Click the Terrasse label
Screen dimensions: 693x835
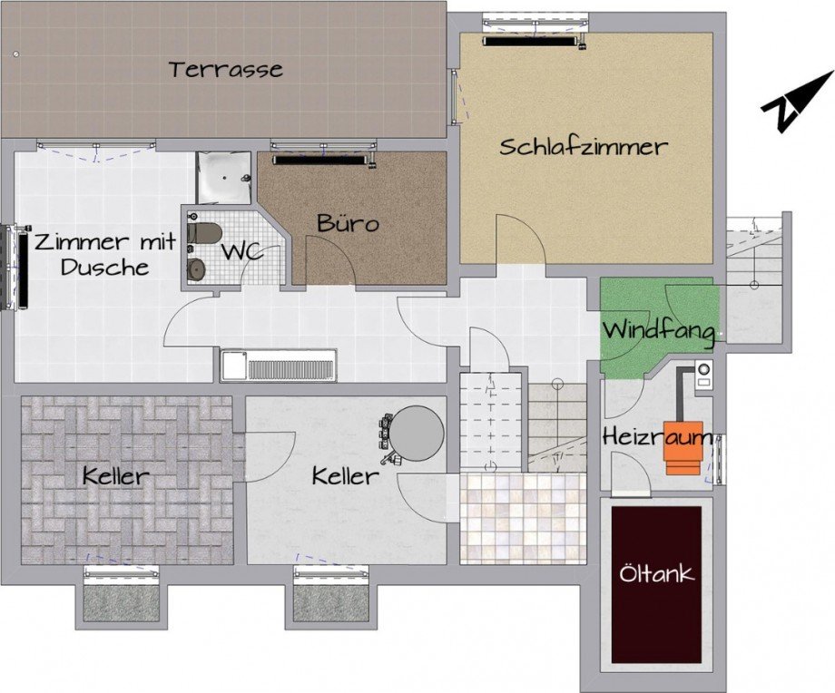(x=225, y=69)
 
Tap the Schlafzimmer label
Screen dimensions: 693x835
(x=583, y=147)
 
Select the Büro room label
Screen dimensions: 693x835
(x=347, y=223)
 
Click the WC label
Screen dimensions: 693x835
(x=242, y=251)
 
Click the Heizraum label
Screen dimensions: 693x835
(x=656, y=437)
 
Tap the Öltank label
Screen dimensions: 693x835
(x=656, y=573)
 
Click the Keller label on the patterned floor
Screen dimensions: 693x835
(x=115, y=476)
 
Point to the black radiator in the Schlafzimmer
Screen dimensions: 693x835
(x=531, y=41)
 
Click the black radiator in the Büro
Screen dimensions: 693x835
(x=322, y=161)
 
